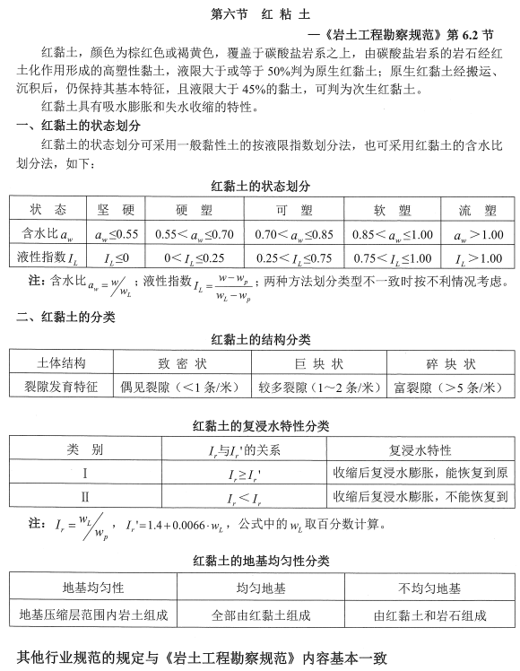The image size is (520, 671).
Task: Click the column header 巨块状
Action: [318, 364]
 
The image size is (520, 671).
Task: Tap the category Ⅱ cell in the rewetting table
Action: [85, 495]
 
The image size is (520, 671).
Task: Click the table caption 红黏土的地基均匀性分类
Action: [261, 562]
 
